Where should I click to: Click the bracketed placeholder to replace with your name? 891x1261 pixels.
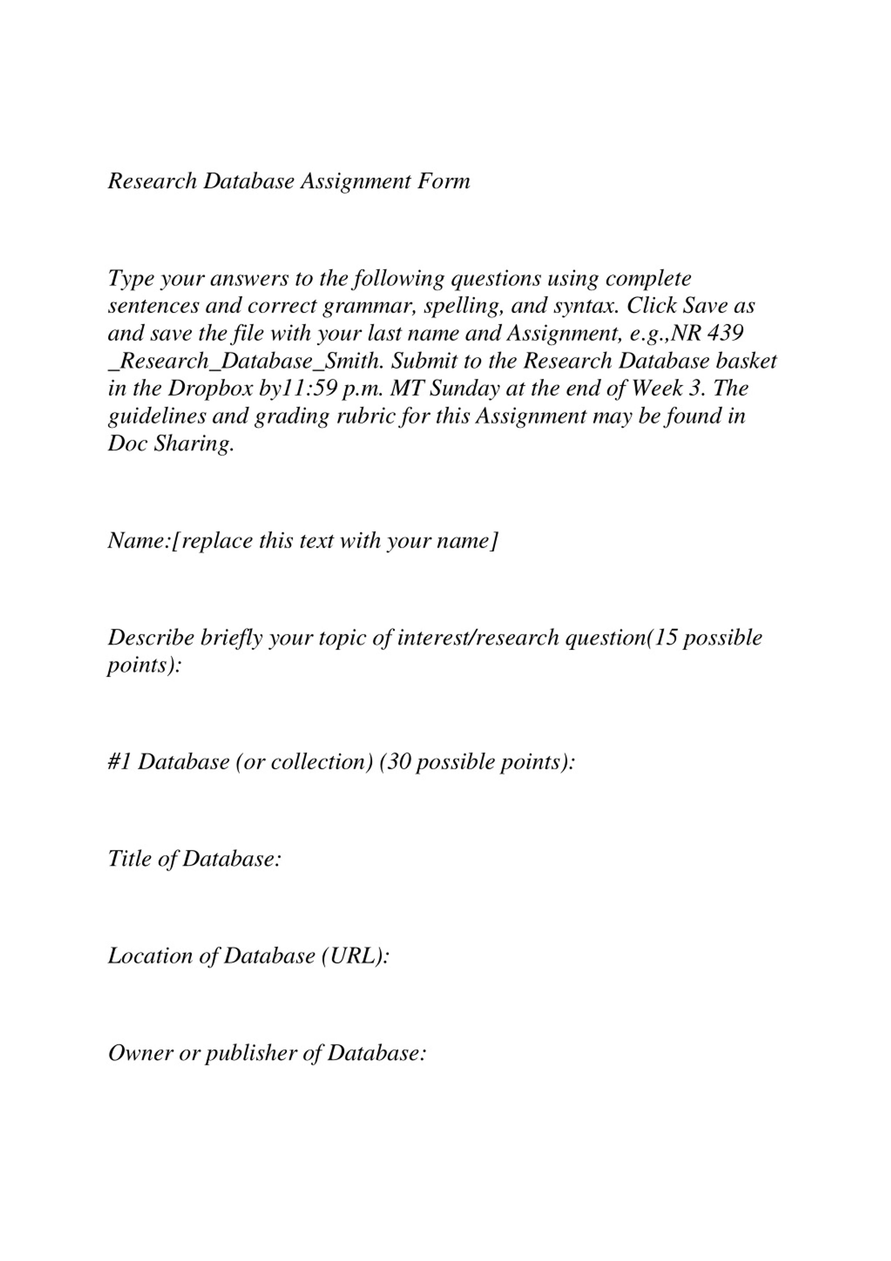point(336,541)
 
